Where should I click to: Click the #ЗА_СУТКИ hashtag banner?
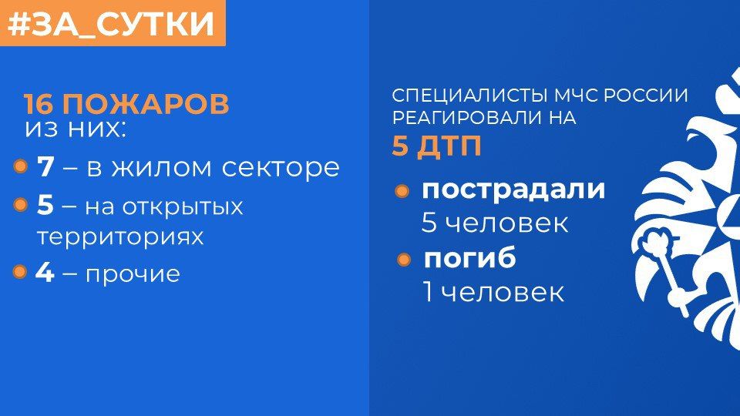click(113, 23)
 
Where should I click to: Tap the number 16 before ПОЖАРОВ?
click(39, 104)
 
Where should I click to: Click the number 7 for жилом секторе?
click(45, 166)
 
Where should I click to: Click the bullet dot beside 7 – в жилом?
click(21, 166)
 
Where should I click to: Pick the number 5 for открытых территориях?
click(45, 206)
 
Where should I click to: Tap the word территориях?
click(120, 237)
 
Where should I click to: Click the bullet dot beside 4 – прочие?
click(21, 272)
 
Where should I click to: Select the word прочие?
click(133, 273)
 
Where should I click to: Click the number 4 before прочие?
click(45, 273)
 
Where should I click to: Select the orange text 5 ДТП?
click(436, 146)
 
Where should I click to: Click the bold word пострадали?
click(513, 190)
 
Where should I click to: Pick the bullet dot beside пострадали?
click(402, 191)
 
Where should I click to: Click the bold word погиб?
click(469, 259)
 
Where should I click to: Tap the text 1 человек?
click(493, 292)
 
